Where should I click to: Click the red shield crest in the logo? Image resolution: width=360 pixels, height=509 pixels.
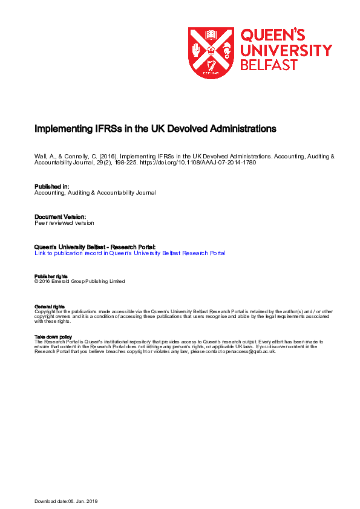click(211, 53)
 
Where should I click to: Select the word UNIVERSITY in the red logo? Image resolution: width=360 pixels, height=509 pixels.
click(286, 50)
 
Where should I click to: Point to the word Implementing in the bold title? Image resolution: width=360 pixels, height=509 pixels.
click(59, 129)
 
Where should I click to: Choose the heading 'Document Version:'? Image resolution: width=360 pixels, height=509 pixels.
click(60, 216)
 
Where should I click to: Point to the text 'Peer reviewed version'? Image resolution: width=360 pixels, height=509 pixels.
click(64, 222)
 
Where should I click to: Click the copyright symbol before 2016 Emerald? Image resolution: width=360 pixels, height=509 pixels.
click(36, 281)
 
